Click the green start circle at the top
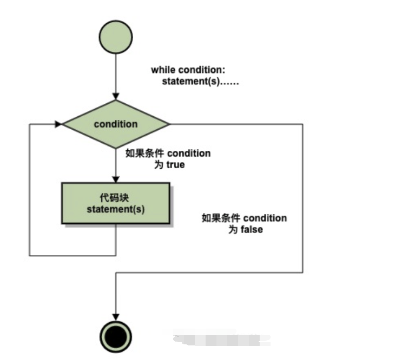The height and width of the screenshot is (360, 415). (115, 36)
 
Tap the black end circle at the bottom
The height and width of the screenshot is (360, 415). (116, 337)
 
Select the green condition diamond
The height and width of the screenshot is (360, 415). (116, 124)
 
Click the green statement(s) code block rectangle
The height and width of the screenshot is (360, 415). (116, 203)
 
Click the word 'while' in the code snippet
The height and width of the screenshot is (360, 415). (163, 70)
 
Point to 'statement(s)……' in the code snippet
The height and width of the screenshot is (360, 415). (201, 82)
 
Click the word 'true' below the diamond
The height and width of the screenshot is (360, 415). (175, 165)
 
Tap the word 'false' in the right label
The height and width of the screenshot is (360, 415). (252, 230)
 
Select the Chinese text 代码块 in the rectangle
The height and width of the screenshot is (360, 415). (116, 198)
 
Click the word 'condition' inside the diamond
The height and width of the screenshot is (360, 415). (116, 124)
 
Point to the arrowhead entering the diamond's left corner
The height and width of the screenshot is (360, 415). (58, 124)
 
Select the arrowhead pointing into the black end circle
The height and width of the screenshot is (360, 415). (116, 317)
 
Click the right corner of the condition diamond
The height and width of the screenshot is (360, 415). (168, 124)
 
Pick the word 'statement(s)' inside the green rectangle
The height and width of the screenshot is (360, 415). (116, 209)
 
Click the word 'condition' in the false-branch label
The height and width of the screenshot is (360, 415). (265, 218)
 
